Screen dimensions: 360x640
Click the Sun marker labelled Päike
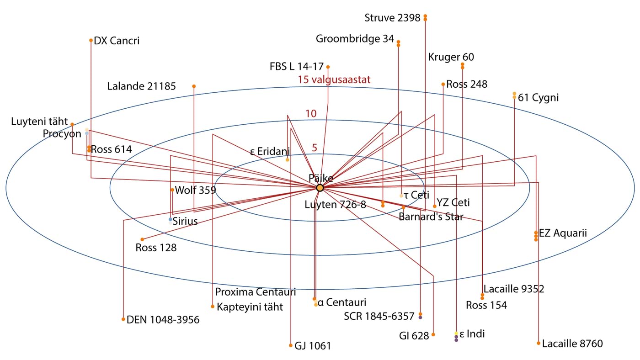click(x=320, y=188)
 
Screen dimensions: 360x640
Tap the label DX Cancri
click(x=117, y=41)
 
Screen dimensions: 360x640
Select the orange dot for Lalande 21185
click(x=194, y=86)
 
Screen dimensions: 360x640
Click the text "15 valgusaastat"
click(x=334, y=79)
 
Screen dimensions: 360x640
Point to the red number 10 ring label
click(x=311, y=114)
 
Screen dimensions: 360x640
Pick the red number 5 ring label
click(x=315, y=148)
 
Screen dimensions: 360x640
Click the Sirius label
click(x=185, y=222)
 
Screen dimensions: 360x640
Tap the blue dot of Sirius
click(x=171, y=219)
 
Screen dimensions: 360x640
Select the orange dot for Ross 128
click(x=142, y=239)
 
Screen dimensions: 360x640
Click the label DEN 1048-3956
click(x=163, y=320)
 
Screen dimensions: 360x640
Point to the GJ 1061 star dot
click(x=291, y=345)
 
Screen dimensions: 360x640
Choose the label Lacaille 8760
click(x=572, y=344)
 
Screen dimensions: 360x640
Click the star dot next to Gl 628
click(x=433, y=334)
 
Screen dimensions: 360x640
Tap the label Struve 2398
click(x=392, y=18)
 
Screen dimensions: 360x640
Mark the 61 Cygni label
click(x=539, y=97)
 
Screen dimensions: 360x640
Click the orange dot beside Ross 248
click(x=443, y=84)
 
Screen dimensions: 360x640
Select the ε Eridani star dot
click(x=288, y=160)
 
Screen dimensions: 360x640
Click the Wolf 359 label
click(x=196, y=190)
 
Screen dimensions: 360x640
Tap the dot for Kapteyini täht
click(x=213, y=306)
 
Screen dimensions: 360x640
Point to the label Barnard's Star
click(x=431, y=217)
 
